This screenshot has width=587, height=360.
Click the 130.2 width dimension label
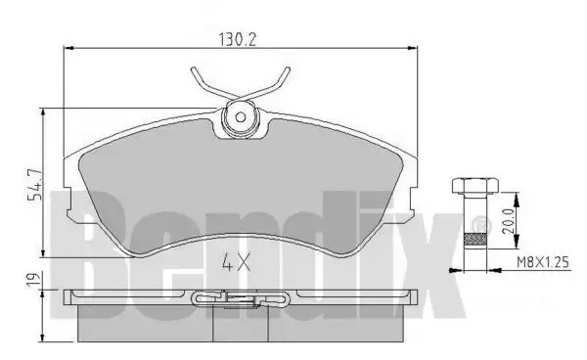point(238,39)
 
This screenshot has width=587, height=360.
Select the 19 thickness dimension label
point(33,280)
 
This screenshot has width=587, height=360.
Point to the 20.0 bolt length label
point(509,221)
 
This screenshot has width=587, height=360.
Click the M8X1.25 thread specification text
point(543,262)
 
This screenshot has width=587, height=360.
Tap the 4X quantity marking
point(236,262)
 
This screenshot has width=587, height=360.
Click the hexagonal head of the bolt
point(475,187)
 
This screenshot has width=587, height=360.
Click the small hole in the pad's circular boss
point(241,117)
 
